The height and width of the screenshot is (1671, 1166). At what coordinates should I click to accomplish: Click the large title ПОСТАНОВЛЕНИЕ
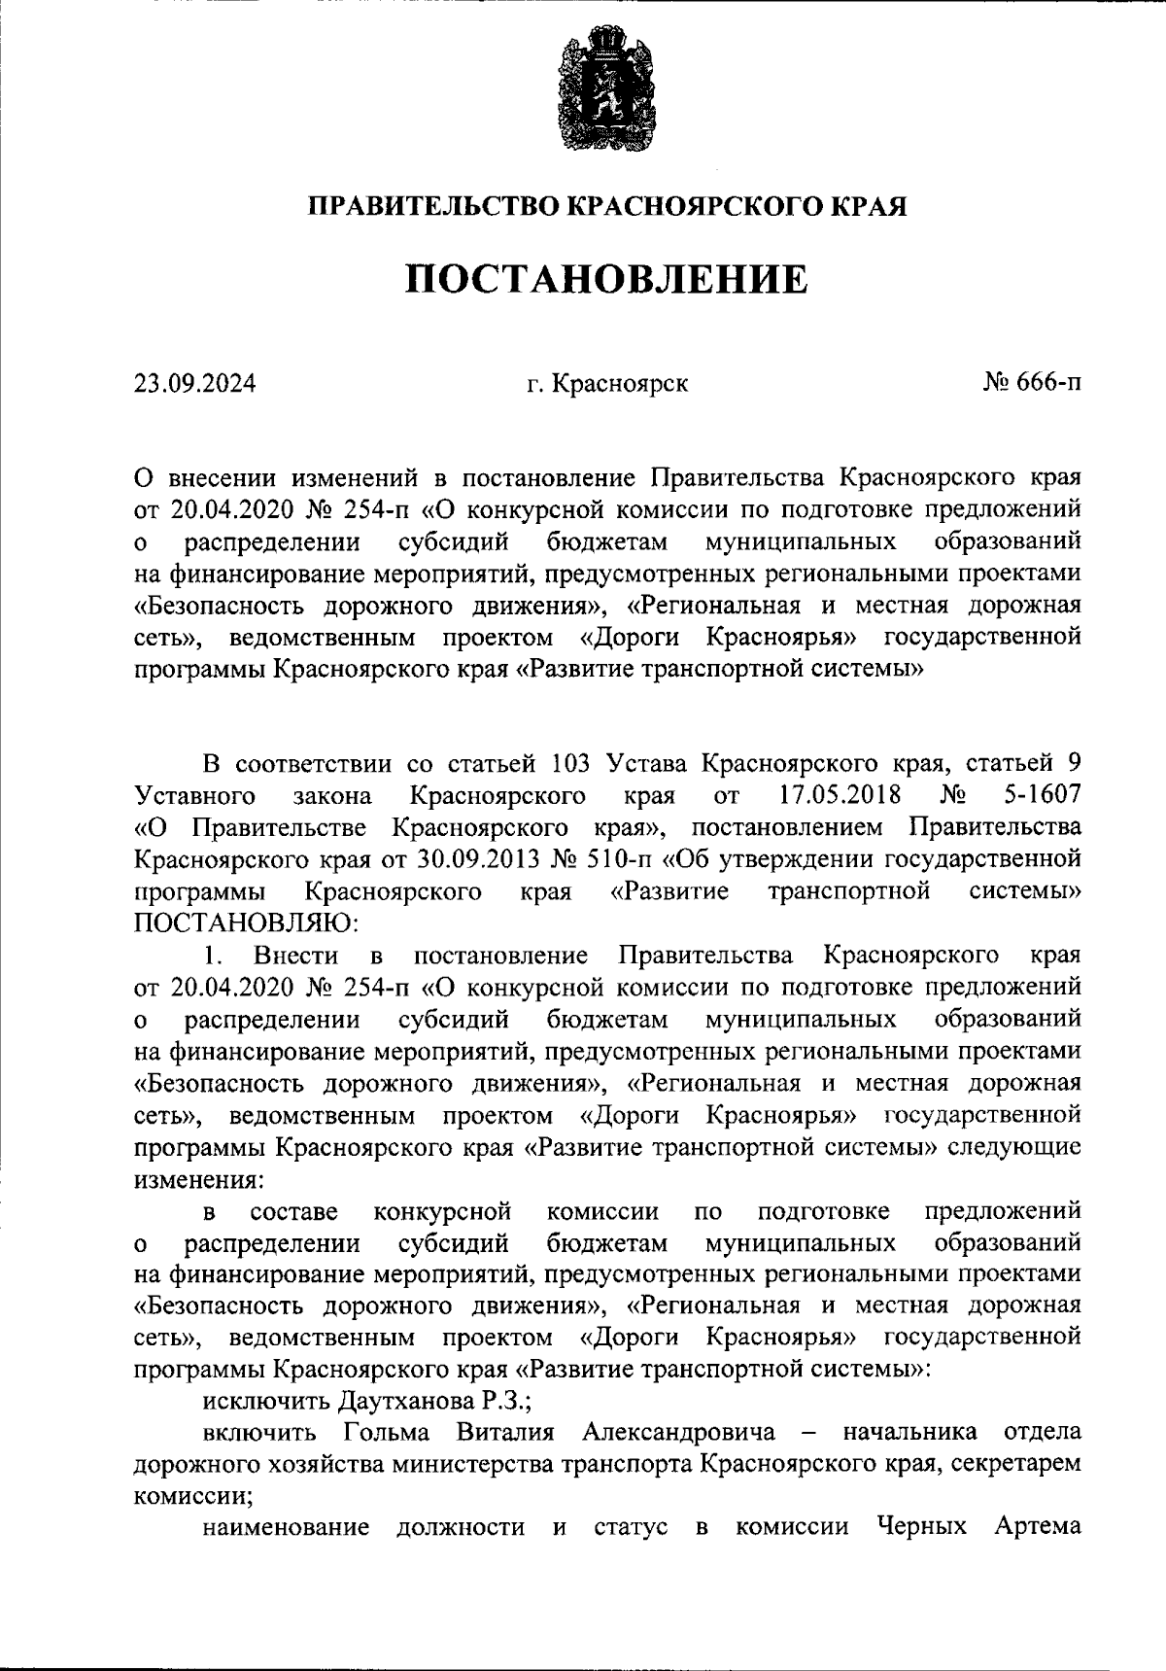pyautogui.click(x=606, y=280)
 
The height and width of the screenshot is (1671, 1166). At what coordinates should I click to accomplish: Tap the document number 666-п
pyautogui.click(x=1045, y=384)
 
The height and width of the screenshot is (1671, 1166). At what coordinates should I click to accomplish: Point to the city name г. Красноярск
pyautogui.click(x=607, y=384)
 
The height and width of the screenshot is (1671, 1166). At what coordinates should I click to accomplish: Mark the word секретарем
pyautogui.click(x=1018, y=1465)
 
